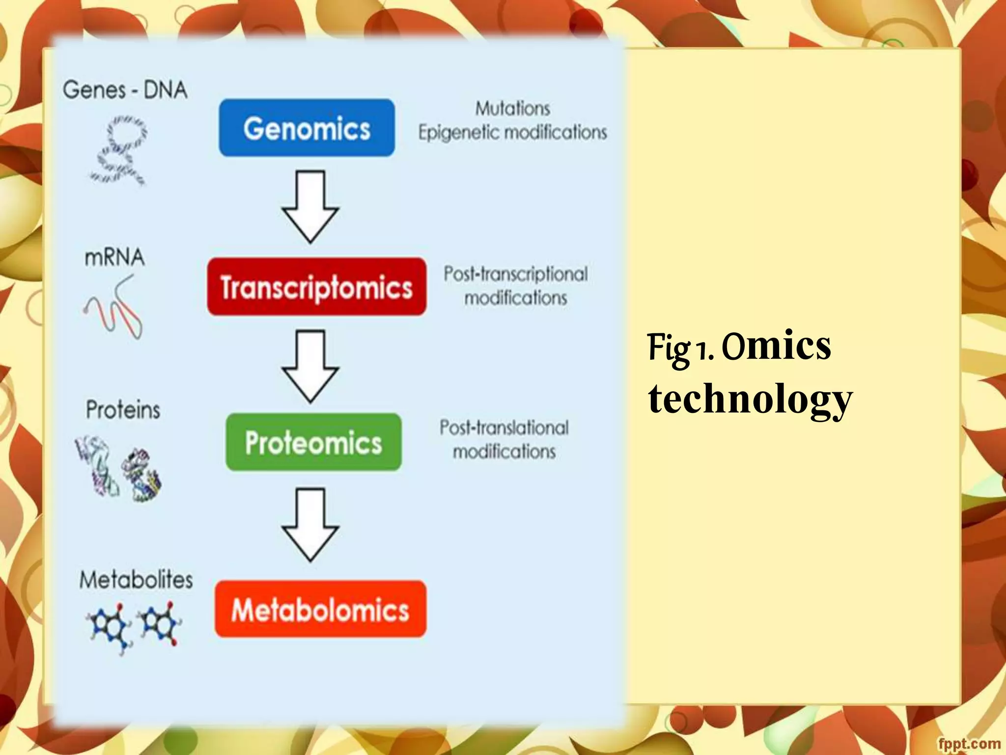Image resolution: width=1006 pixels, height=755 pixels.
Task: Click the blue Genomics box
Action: point(307,128)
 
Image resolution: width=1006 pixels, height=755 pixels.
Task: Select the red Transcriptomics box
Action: point(317,287)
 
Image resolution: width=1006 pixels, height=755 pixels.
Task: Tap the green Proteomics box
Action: point(313,442)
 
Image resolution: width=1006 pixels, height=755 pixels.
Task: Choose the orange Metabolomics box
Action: point(320,610)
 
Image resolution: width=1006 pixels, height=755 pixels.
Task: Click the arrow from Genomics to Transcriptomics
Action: point(310,206)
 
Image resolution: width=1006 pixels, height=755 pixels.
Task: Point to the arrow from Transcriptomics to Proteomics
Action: point(310,367)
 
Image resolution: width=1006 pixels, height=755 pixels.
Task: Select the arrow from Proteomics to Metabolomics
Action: point(310,524)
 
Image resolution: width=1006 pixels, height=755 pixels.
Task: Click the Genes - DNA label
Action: point(125,90)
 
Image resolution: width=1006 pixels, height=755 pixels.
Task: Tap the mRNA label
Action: point(114,258)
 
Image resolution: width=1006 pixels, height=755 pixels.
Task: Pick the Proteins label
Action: point(123,409)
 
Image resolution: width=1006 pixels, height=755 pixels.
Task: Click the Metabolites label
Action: point(136,580)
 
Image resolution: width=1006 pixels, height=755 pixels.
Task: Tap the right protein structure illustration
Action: point(142,475)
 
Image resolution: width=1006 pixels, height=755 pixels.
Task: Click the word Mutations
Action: point(512,109)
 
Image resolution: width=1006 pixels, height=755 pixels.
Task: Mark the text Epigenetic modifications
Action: point(512,133)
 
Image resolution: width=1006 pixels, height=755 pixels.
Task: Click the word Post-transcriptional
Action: point(515,274)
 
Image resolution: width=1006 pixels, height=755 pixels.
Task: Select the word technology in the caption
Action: point(750,399)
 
